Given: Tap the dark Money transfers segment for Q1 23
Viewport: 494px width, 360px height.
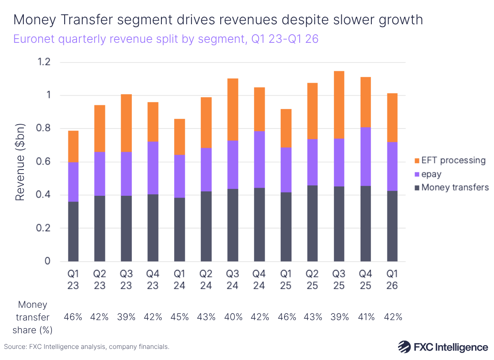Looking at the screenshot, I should (73, 231).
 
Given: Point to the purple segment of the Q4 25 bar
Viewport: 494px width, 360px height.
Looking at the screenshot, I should (366, 156).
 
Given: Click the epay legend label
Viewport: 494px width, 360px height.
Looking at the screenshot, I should (432, 174).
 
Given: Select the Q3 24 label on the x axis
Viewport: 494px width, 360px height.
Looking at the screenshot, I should (233, 279).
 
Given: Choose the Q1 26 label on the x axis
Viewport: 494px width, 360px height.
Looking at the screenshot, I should (392, 279).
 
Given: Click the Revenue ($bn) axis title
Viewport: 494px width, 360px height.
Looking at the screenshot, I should (20, 162).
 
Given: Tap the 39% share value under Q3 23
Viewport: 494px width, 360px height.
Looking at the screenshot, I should (126, 317).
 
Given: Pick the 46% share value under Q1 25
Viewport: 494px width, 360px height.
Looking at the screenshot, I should (286, 317).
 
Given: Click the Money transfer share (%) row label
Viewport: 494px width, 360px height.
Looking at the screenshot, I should (33, 317).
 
